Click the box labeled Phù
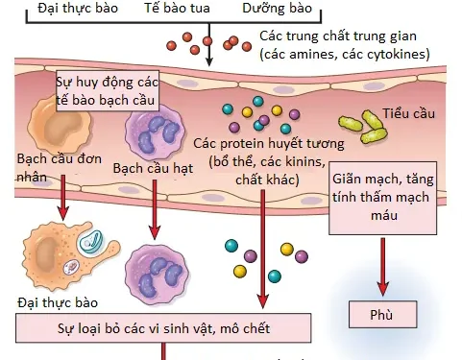[x=382, y=315]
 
